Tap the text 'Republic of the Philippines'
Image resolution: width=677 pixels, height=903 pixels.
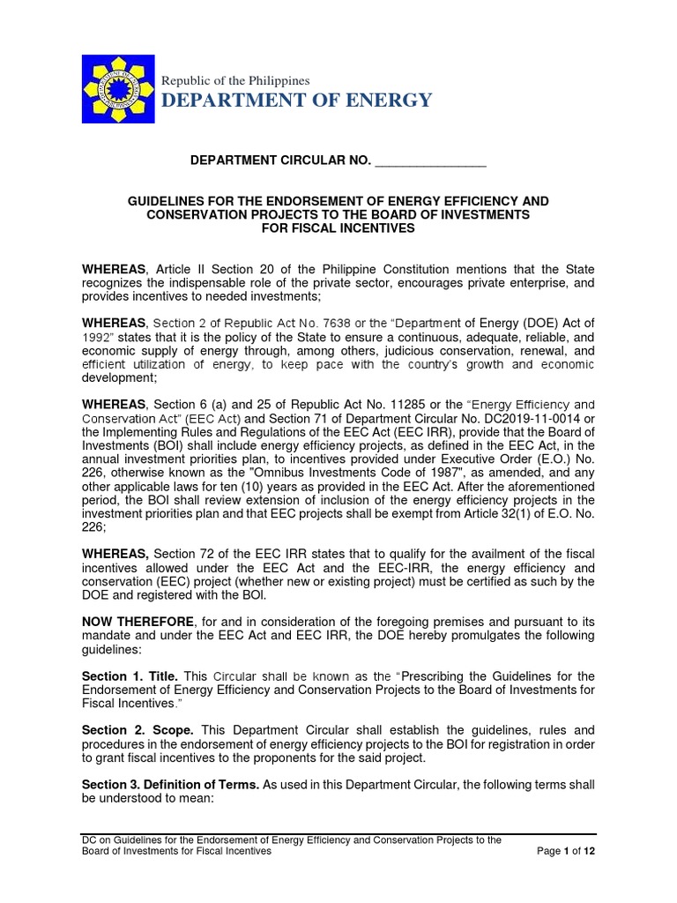234,80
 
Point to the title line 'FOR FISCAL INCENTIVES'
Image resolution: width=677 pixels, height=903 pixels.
338,228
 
